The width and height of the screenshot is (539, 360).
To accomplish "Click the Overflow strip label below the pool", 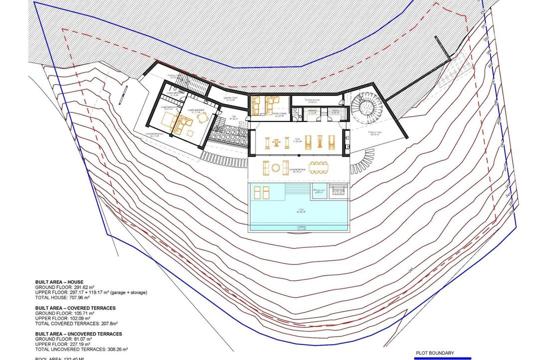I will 301,226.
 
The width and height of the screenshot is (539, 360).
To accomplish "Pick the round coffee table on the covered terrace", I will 275,168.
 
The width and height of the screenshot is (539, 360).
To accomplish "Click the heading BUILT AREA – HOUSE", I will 59,282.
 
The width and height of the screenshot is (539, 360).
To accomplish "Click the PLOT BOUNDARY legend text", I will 434,353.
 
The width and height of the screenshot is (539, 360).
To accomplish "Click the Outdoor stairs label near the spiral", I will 375,132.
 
